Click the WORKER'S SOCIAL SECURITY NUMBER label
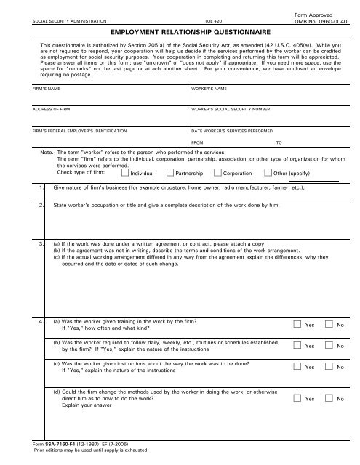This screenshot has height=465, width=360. [231, 108]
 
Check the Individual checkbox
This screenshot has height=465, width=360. [125, 173]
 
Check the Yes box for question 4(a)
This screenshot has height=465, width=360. [298, 324]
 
